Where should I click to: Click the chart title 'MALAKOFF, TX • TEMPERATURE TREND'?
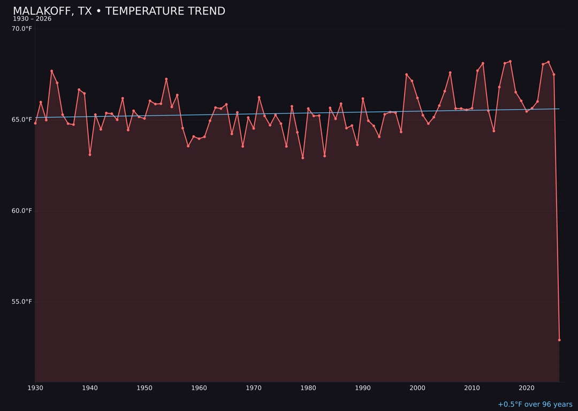click(119, 11)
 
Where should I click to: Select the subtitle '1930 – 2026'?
click(32, 19)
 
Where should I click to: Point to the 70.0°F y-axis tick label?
click(22, 29)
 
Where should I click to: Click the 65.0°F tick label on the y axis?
click(22, 120)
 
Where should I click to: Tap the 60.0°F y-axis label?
click(22, 211)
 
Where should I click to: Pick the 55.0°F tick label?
click(22, 302)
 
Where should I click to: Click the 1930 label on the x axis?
click(35, 388)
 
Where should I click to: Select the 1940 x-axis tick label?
click(90, 388)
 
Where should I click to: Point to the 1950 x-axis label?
click(144, 388)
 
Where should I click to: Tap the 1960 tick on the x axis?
click(199, 388)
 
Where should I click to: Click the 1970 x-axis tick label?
click(254, 388)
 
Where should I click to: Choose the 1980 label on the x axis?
click(308, 388)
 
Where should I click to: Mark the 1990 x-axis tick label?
click(363, 388)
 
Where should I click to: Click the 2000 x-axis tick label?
click(417, 388)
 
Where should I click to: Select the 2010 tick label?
click(472, 388)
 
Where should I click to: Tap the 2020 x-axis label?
click(527, 388)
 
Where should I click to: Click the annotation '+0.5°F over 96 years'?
click(535, 405)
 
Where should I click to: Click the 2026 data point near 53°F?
click(559, 340)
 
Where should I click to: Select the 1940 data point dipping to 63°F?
click(90, 155)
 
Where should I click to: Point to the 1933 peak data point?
click(52, 71)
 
